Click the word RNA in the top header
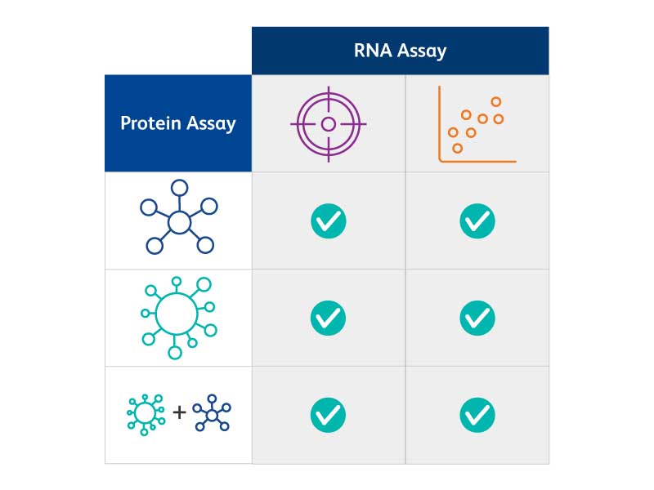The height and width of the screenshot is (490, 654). (x=373, y=51)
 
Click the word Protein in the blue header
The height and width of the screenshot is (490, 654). (x=150, y=123)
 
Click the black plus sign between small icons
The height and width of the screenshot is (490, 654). (x=179, y=412)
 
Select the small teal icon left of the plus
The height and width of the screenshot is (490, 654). (x=146, y=413)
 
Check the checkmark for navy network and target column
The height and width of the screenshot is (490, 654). (x=329, y=220)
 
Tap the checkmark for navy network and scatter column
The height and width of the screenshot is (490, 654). (x=477, y=220)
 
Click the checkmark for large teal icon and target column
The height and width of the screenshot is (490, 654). (x=329, y=318)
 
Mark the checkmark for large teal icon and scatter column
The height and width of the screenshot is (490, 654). (x=477, y=318)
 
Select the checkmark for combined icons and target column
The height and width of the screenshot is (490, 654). (x=329, y=415)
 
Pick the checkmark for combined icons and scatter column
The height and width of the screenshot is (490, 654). (x=477, y=415)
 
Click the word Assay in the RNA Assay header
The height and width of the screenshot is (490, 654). (x=422, y=51)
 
